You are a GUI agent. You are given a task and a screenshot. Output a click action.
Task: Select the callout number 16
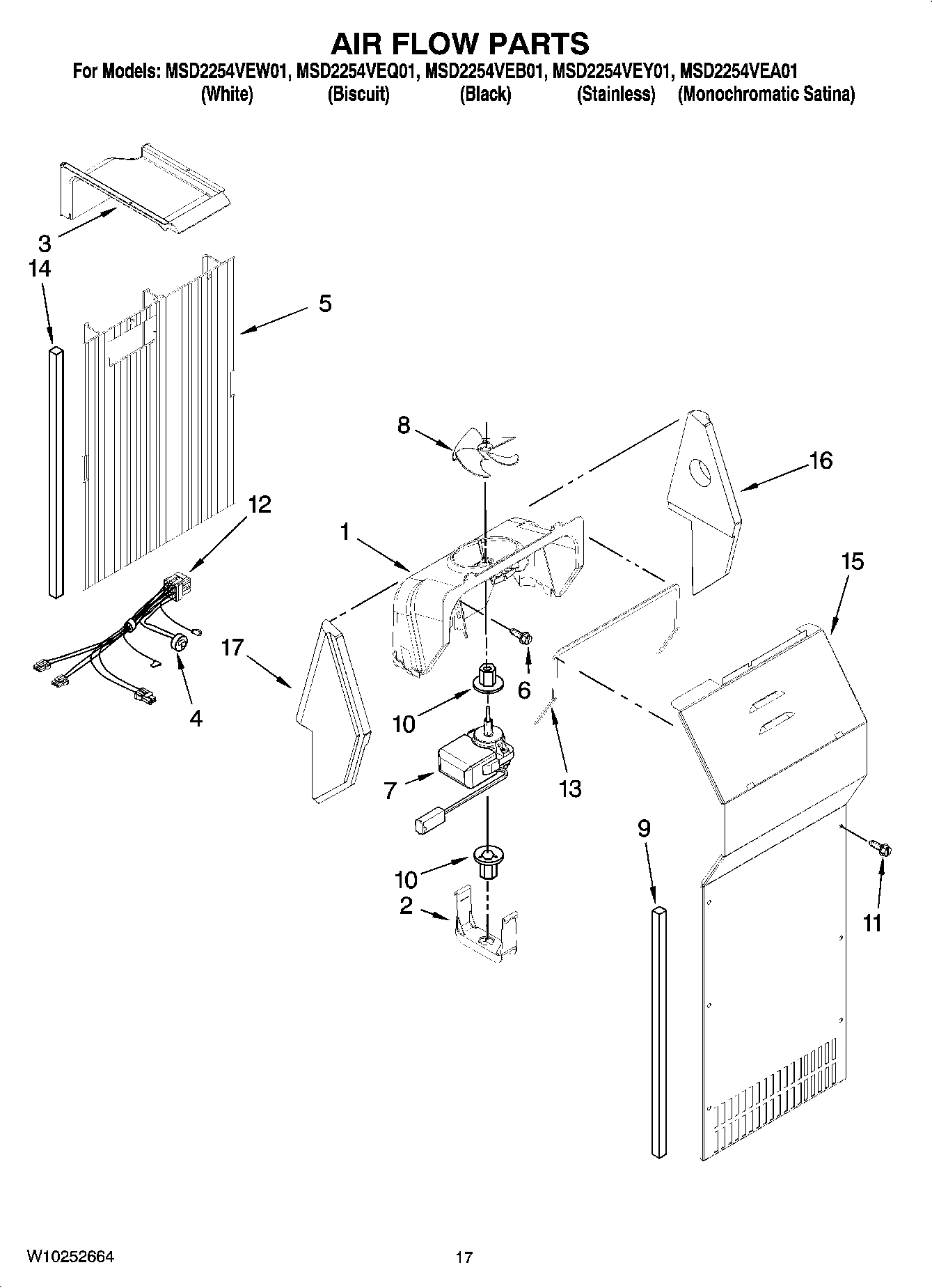pos(821,460)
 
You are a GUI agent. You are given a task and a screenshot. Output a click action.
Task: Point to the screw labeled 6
pos(523,636)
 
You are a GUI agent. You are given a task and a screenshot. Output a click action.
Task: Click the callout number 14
pos(40,269)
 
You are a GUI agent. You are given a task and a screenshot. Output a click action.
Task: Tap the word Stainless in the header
pos(616,95)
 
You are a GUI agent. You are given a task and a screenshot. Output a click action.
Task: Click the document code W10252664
pos(70,1257)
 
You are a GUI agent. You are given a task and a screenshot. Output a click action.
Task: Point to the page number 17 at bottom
pos(464,1257)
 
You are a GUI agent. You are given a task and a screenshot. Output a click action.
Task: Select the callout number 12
pos(259,504)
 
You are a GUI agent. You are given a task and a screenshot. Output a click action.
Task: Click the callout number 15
pos(852,561)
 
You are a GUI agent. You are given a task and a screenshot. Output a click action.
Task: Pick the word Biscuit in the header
pos(358,95)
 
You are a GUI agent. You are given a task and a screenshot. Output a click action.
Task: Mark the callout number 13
pos(569,789)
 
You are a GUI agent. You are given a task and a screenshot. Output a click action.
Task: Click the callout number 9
pos(644,828)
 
